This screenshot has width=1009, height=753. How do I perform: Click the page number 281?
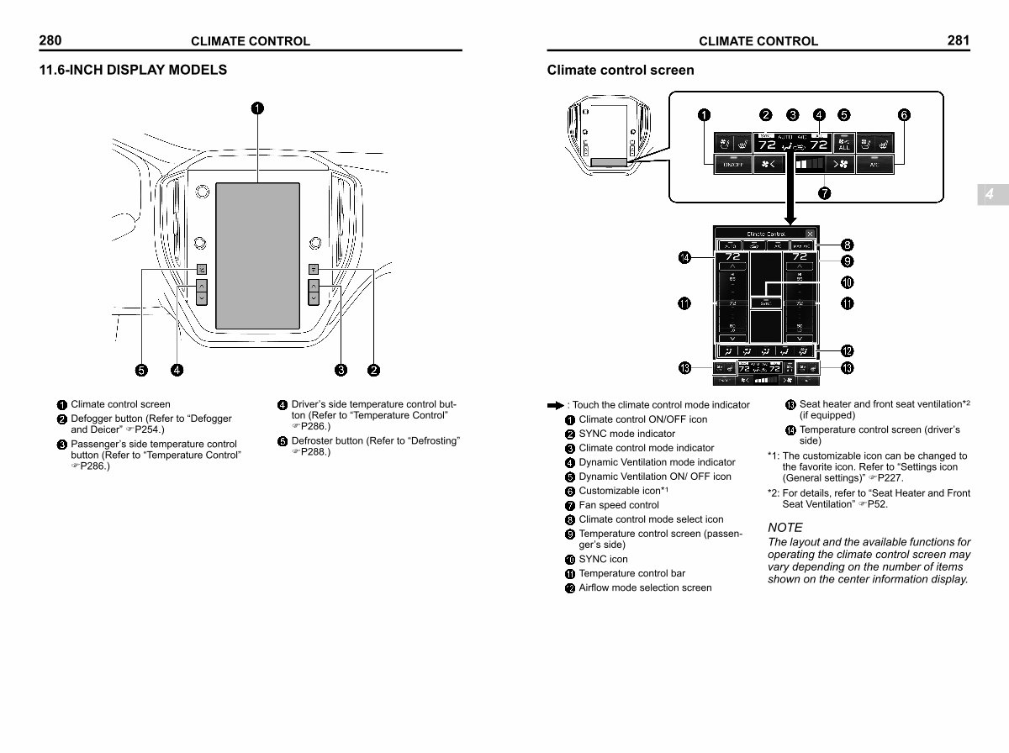(959, 39)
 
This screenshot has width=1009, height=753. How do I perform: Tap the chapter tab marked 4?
(991, 195)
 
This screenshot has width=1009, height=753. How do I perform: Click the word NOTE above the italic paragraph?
(785, 528)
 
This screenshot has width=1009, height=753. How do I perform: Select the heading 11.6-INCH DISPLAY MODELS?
(133, 70)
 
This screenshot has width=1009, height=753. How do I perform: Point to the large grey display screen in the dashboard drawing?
(257, 255)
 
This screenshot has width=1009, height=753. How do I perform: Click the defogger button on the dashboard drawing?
(314, 270)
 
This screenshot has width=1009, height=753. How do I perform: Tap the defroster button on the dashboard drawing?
(202, 270)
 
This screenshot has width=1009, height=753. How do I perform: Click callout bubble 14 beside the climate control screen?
(685, 258)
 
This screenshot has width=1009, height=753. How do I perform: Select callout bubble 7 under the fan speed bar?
(825, 192)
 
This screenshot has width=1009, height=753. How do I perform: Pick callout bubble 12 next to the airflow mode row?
(848, 350)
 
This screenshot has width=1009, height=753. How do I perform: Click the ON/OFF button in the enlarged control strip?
(732, 165)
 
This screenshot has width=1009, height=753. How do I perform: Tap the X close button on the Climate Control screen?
(810, 234)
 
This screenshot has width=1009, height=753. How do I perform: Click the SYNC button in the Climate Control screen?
(766, 303)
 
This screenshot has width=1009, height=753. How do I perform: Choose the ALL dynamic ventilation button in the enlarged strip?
(843, 144)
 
